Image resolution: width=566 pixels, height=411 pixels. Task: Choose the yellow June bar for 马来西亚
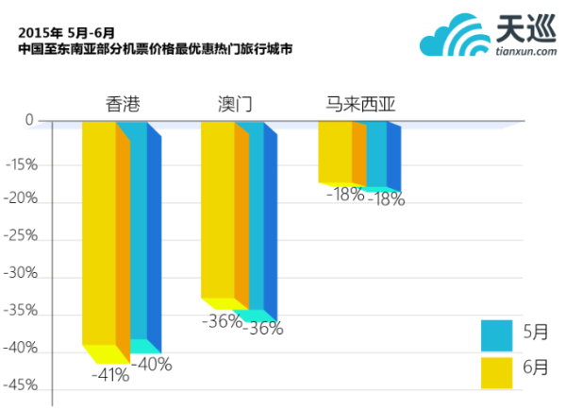(335, 151)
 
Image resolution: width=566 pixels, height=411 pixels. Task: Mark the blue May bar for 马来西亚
(375, 153)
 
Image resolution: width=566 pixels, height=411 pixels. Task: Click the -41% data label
(110, 374)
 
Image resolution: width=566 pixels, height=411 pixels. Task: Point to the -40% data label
(151, 363)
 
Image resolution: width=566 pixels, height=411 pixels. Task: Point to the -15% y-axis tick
(21, 164)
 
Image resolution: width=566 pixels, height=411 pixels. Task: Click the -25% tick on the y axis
(21, 238)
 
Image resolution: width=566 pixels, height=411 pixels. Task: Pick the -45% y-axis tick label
(21, 385)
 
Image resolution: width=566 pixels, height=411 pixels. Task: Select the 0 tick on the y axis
(30, 120)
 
